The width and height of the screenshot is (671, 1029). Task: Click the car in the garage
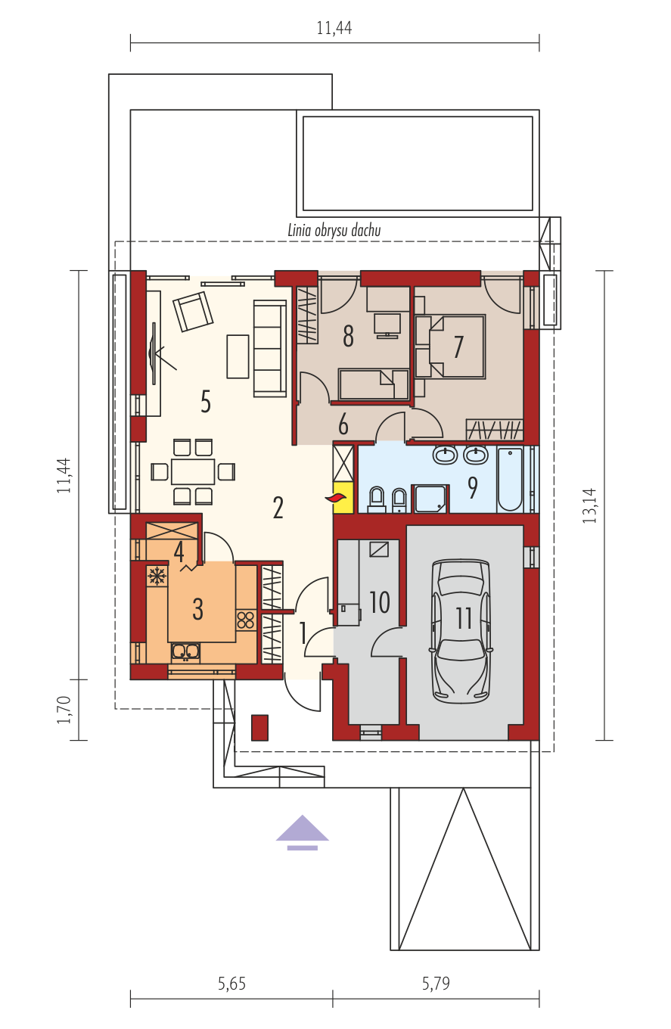click(x=460, y=631)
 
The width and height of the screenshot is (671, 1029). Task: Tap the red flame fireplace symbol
click(x=336, y=497)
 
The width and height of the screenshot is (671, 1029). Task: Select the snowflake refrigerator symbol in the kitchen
click(x=157, y=576)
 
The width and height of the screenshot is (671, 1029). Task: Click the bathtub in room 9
click(x=511, y=479)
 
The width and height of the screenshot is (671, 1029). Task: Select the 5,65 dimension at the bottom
click(x=232, y=984)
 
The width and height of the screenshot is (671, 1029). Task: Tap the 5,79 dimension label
click(x=436, y=984)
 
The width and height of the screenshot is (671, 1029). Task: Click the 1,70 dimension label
click(x=64, y=710)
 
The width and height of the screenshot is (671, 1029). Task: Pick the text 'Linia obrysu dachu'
click(x=334, y=230)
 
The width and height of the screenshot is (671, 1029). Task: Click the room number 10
click(x=379, y=602)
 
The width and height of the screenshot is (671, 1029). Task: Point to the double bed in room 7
click(x=450, y=347)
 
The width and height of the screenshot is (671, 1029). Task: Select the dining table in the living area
click(x=193, y=471)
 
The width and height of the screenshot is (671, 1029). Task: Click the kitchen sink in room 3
click(x=185, y=651)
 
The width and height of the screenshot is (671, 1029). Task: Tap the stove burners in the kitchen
click(x=246, y=620)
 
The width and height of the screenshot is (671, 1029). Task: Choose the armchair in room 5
click(x=193, y=311)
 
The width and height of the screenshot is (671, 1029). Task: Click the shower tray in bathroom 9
click(x=430, y=499)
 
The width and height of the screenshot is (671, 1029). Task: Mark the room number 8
click(x=349, y=336)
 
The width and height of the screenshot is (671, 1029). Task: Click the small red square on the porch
click(x=259, y=727)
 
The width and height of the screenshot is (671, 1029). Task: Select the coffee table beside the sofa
click(x=238, y=356)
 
